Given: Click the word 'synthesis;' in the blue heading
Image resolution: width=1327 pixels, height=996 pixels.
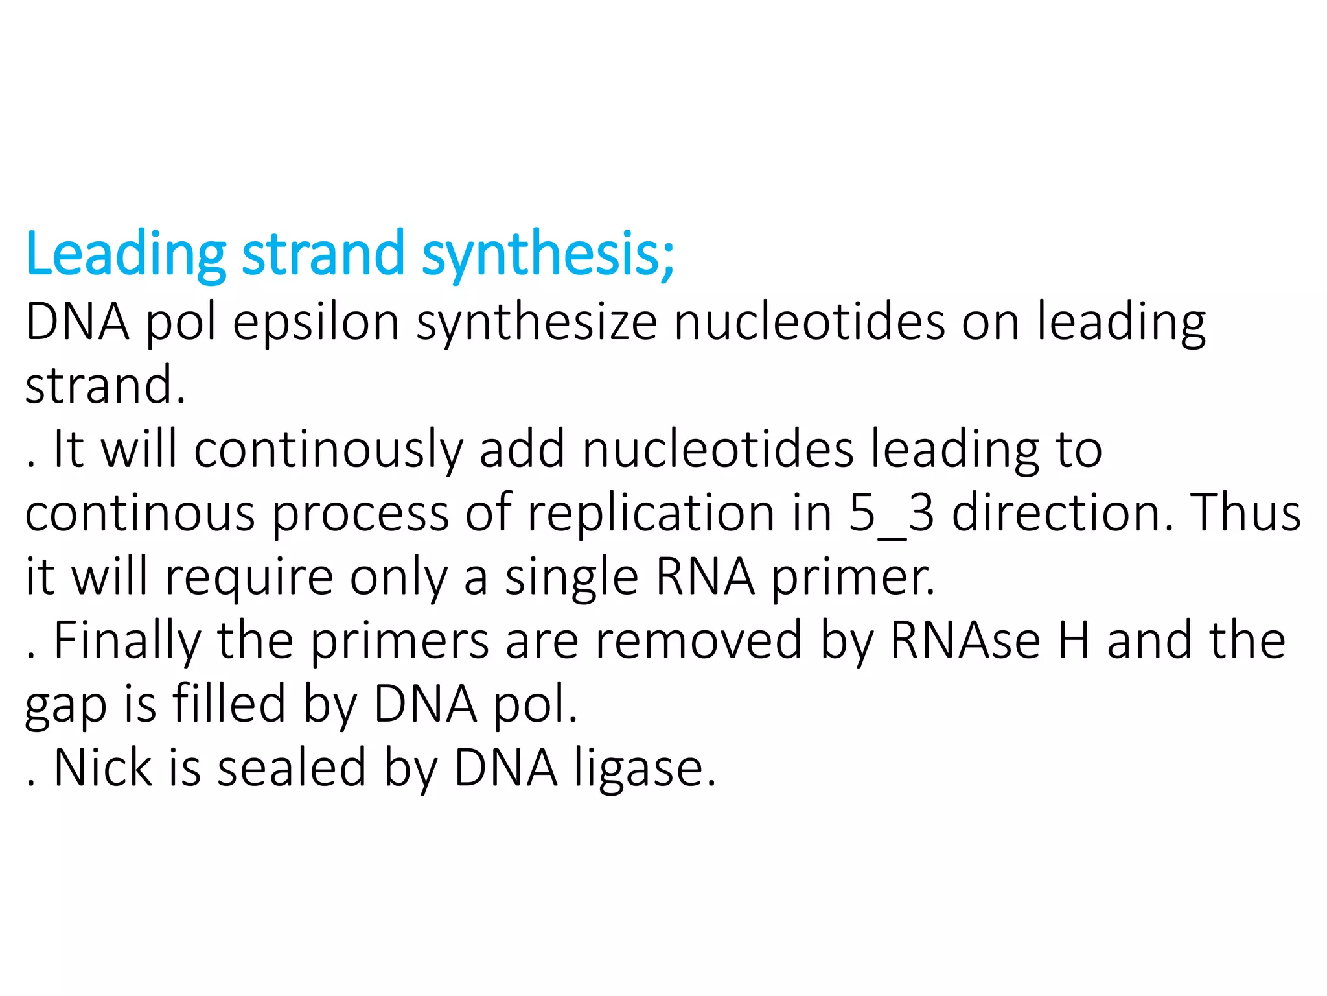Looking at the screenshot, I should (x=548, y=254).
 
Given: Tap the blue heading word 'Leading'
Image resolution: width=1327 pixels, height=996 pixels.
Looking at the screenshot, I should (x=126, y=254).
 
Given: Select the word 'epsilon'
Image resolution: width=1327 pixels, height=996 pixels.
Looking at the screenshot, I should (x=316, y=322).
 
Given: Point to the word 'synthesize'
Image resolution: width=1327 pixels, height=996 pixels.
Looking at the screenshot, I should (x=537, y=322).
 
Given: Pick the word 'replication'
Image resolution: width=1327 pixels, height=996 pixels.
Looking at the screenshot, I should (x=651, y=513).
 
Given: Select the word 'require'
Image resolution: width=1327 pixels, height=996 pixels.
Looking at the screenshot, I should (x=249, y=576).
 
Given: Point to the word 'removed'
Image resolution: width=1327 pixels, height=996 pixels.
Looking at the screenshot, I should (x=698, y=640).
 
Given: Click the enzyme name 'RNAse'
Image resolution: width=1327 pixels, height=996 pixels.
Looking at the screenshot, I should (x=965, y=640).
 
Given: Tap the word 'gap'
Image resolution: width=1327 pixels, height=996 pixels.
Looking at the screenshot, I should (x=65, y=705).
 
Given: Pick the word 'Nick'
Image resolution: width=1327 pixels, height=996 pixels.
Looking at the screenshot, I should (x=103, y=768).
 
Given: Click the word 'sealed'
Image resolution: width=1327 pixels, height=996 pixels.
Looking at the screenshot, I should (x=292, y=768).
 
